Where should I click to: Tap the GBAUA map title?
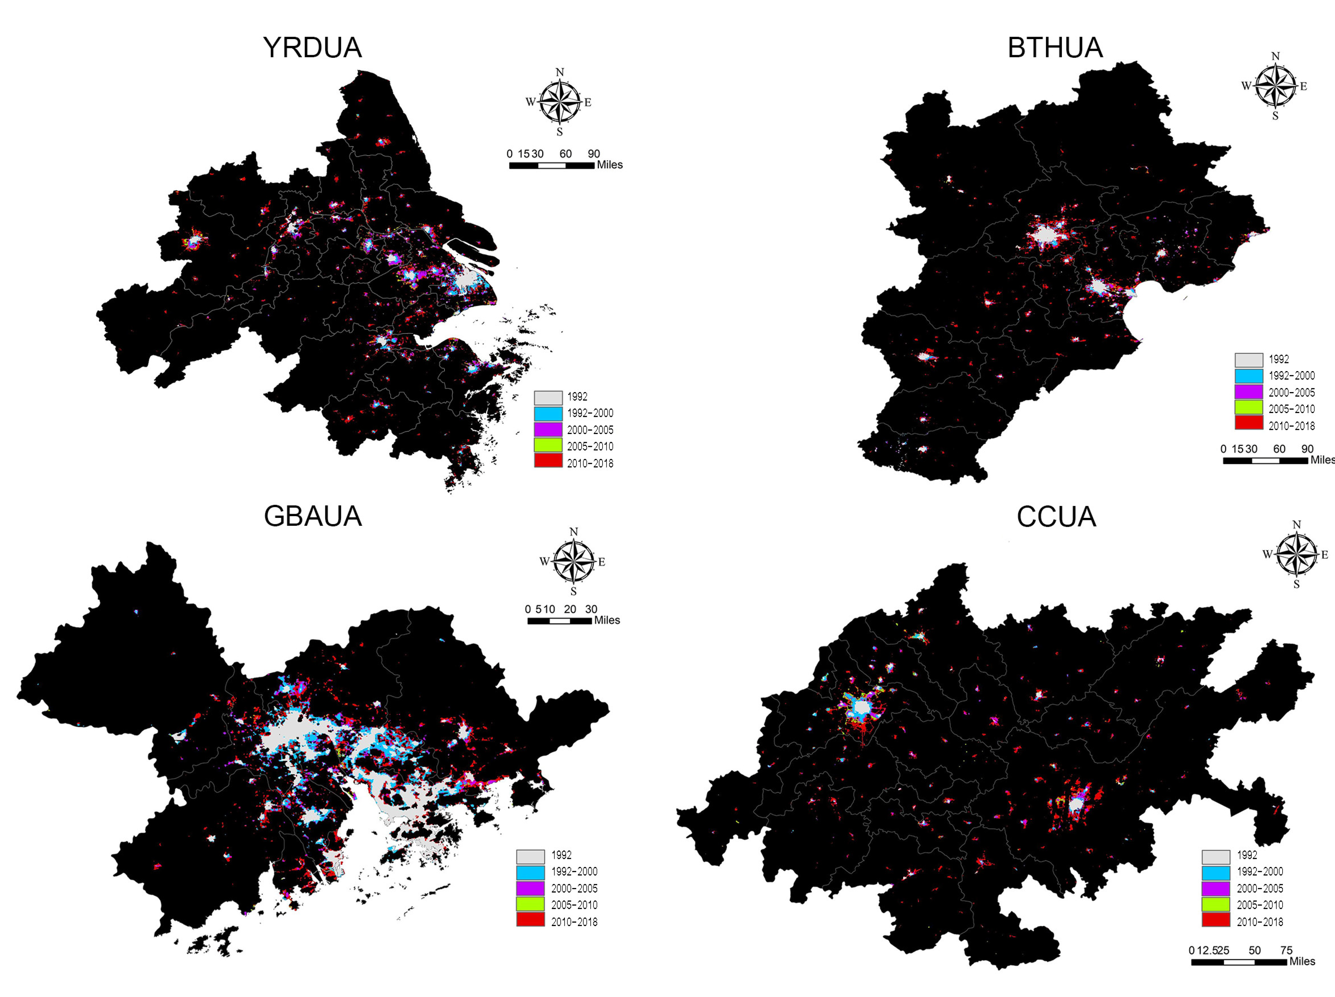(313, 516)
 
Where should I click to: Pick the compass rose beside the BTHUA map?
(1275, 86)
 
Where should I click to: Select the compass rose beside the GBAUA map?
(573, 561)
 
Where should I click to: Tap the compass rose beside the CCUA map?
(1296, 554)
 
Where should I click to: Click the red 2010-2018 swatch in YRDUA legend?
(548, 461)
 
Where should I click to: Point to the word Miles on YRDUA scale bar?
(609, 165)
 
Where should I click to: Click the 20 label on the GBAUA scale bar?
(570, 609)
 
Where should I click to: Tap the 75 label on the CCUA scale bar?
(1286, 950)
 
